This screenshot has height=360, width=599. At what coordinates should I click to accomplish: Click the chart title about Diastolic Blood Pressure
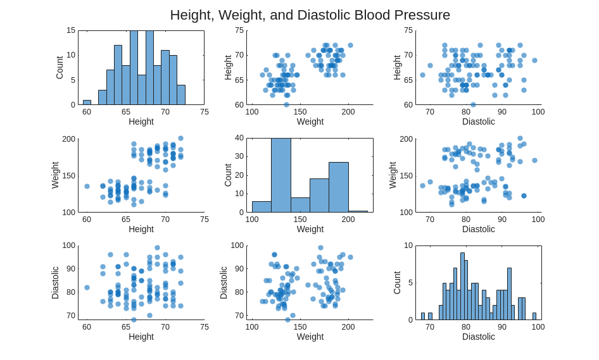point(310,15)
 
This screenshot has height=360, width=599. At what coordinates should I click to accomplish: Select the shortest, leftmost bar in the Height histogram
point(87,102)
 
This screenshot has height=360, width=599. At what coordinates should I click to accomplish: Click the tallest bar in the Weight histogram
point(281,175)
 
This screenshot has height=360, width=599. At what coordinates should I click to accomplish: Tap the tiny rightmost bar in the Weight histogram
point(358,211)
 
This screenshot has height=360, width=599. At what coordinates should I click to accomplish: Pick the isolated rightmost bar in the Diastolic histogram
point(534,316)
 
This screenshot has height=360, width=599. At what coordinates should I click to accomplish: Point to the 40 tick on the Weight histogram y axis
point(239,138)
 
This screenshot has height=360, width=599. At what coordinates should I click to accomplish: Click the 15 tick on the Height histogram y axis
point(71,30)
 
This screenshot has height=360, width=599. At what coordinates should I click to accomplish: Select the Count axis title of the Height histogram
point(60,68)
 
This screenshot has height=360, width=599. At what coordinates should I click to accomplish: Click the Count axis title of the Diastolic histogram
point(397,283)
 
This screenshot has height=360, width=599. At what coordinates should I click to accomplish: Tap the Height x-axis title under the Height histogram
point(141,121)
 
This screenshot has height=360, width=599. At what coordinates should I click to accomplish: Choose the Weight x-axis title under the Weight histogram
point(310,229)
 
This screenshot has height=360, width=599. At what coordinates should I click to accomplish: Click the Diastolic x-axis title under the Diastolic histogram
point(479,337)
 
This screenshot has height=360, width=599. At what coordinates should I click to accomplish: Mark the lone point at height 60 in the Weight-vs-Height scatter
point(87,186)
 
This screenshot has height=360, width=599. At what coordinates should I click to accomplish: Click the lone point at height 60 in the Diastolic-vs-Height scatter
point(87,287)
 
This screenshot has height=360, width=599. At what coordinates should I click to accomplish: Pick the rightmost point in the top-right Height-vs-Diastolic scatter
point(534,61)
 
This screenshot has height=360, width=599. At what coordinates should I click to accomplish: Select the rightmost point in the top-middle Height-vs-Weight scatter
point(350,46)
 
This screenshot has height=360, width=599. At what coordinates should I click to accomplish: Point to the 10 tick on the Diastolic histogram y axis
point(408,245)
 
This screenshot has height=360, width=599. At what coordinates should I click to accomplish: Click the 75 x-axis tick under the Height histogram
point(204,112)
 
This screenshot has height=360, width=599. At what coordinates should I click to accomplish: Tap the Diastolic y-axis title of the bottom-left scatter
point(55,282)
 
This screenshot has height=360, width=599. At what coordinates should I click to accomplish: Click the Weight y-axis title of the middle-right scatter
point(393,175)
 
